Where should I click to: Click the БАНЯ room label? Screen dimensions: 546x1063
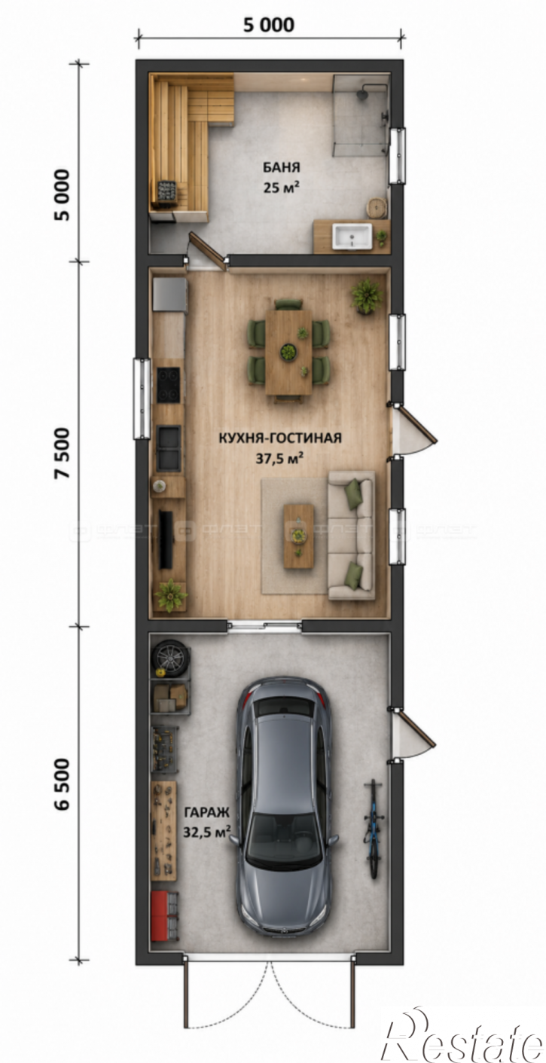click(x=282, y=167)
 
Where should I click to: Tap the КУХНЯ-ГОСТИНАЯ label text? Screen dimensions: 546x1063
click(x=280, y=438)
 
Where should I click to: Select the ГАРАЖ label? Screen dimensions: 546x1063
click(x=206, y=812)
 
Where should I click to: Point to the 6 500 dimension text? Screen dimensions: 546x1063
click(x=63, y=784)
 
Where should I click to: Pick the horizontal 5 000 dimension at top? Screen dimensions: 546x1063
click(x=269, y=25)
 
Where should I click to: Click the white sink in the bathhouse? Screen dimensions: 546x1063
click(x=352, y=237)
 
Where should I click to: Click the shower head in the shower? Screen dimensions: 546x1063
click(x=362, y=93)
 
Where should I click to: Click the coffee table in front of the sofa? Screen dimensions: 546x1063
click(x=298, y=536)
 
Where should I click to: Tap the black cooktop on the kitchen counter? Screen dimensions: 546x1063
click(x=169, y=384)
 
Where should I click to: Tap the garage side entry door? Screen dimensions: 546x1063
click(x=411, y=738)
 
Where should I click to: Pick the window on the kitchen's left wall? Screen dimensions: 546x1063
click(x=142, y=399)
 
